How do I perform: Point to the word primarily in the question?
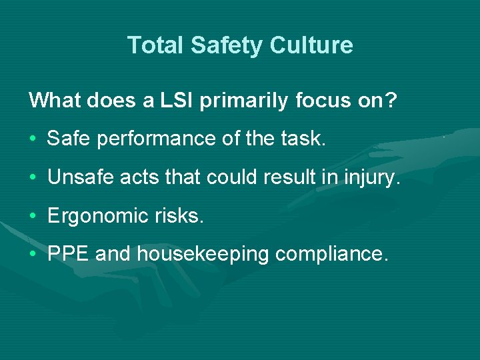(x=245, y=101)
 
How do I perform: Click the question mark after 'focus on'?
(x=392, y=101)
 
